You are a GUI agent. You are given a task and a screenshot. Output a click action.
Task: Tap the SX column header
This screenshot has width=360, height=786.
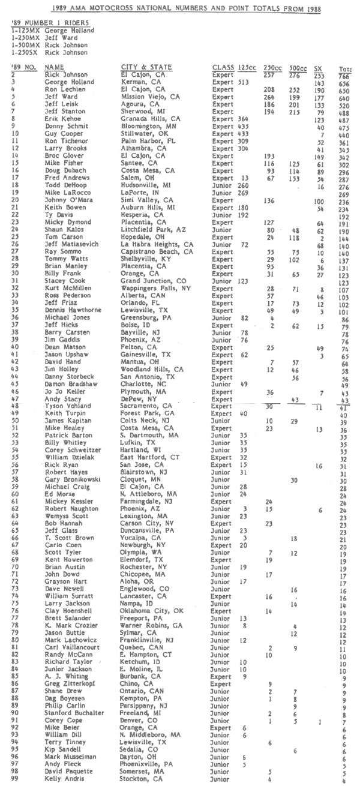click(x=317, y=68)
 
